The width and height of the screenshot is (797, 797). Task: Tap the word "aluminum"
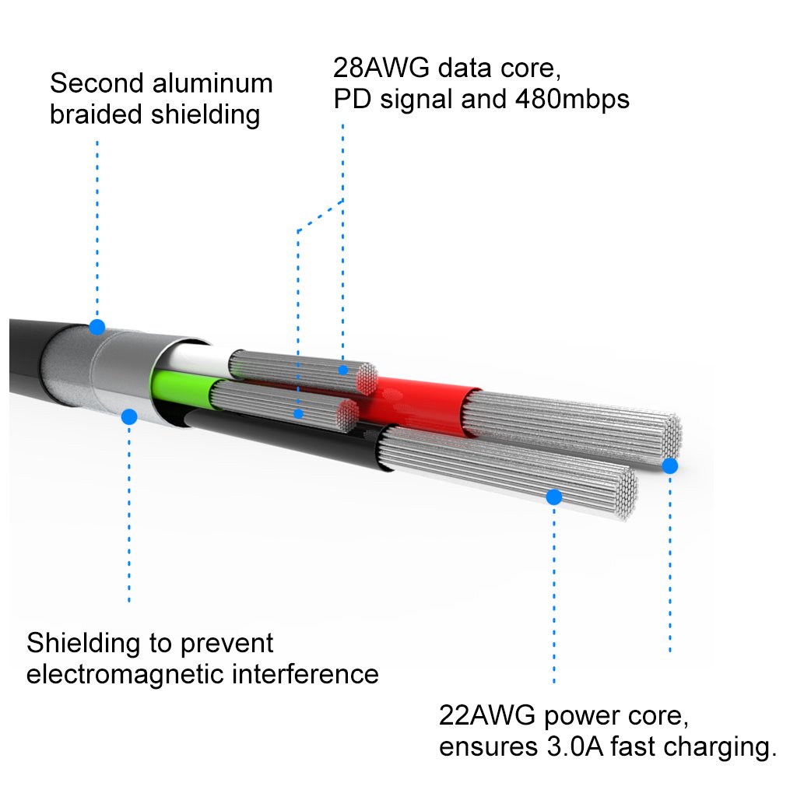coord(216,83)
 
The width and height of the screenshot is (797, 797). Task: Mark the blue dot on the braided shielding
coord(97,327)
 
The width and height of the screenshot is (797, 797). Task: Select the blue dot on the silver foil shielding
coord(129,417)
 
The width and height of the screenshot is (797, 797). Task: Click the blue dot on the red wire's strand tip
coord(669,466)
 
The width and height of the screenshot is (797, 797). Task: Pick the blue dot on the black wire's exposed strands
coord(554,497)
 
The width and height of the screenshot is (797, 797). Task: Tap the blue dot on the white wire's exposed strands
coord(343,370)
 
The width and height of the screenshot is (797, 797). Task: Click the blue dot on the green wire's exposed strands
coord(298,413)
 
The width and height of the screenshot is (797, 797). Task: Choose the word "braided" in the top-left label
coord(97,114)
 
